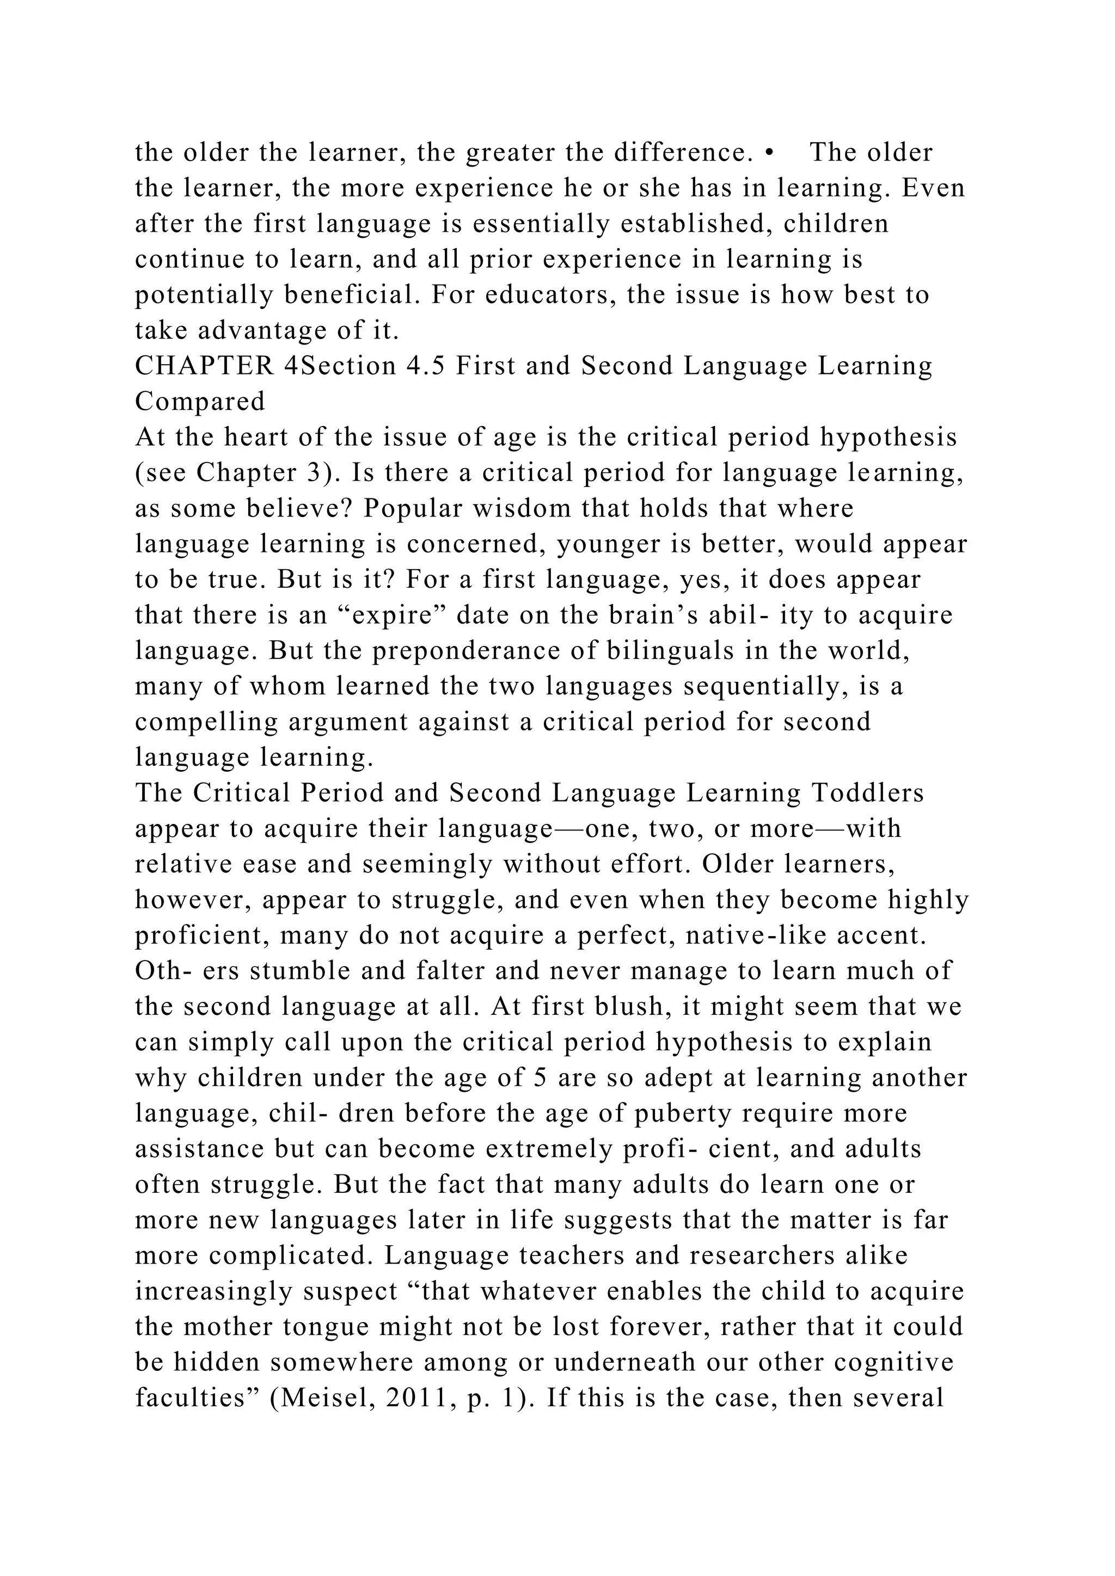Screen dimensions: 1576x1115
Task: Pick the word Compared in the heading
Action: coord(200,402)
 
